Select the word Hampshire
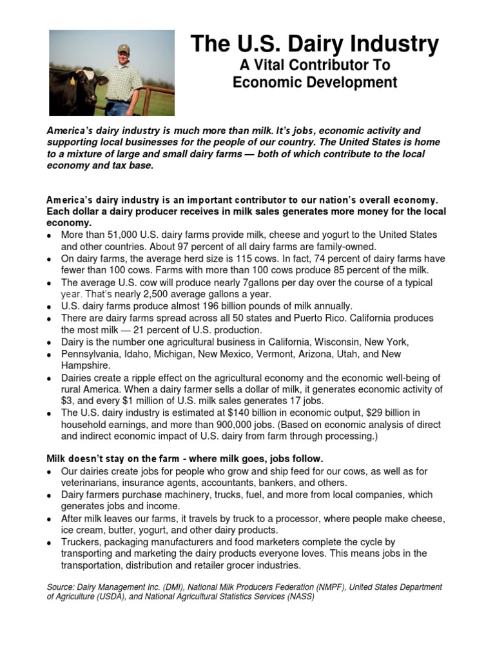[86, 366]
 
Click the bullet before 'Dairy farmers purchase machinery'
[50, 496]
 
